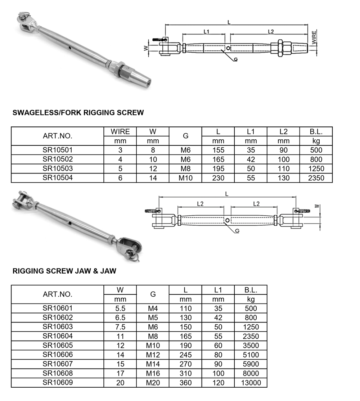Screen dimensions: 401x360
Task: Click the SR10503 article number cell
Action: (x=58, y=168)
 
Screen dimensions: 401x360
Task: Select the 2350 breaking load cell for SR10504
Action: (x=316, y=178)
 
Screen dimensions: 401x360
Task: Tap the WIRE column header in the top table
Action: (x=120, y=132)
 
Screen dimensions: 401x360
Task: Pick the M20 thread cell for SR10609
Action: (x=153, y=383)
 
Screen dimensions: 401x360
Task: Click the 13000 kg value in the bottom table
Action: (x=251, y=383)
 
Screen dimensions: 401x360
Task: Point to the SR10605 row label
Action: (x=58, y=345)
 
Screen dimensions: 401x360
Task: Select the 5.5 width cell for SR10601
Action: (x=120, y=308)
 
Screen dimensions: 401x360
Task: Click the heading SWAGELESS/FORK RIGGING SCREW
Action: (x=78, y=113)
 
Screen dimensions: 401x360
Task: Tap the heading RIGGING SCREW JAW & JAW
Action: (x=64, y=271)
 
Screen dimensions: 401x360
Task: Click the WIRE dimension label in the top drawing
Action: (x=314, y=37)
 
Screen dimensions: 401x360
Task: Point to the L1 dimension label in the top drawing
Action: (x=206, y=32)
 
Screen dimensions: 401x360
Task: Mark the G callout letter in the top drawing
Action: (x=235, y=59)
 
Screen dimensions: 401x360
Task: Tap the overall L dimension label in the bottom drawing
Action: (x=226, y=194)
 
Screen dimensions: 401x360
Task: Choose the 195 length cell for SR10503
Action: (x=218, y=168)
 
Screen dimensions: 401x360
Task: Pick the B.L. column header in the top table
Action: (x=316, y=132)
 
